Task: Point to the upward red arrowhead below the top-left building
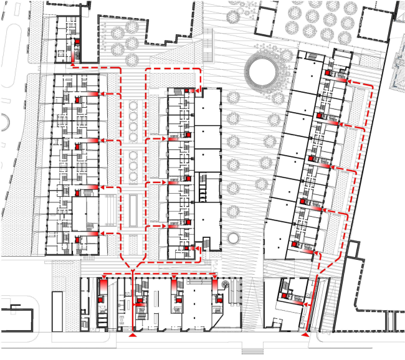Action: [x=73, y=62]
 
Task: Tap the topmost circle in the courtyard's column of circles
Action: [x=133, y=107]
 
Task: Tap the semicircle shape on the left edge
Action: [x=3, y=122]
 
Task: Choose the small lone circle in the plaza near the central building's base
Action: [x=233, y=237]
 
